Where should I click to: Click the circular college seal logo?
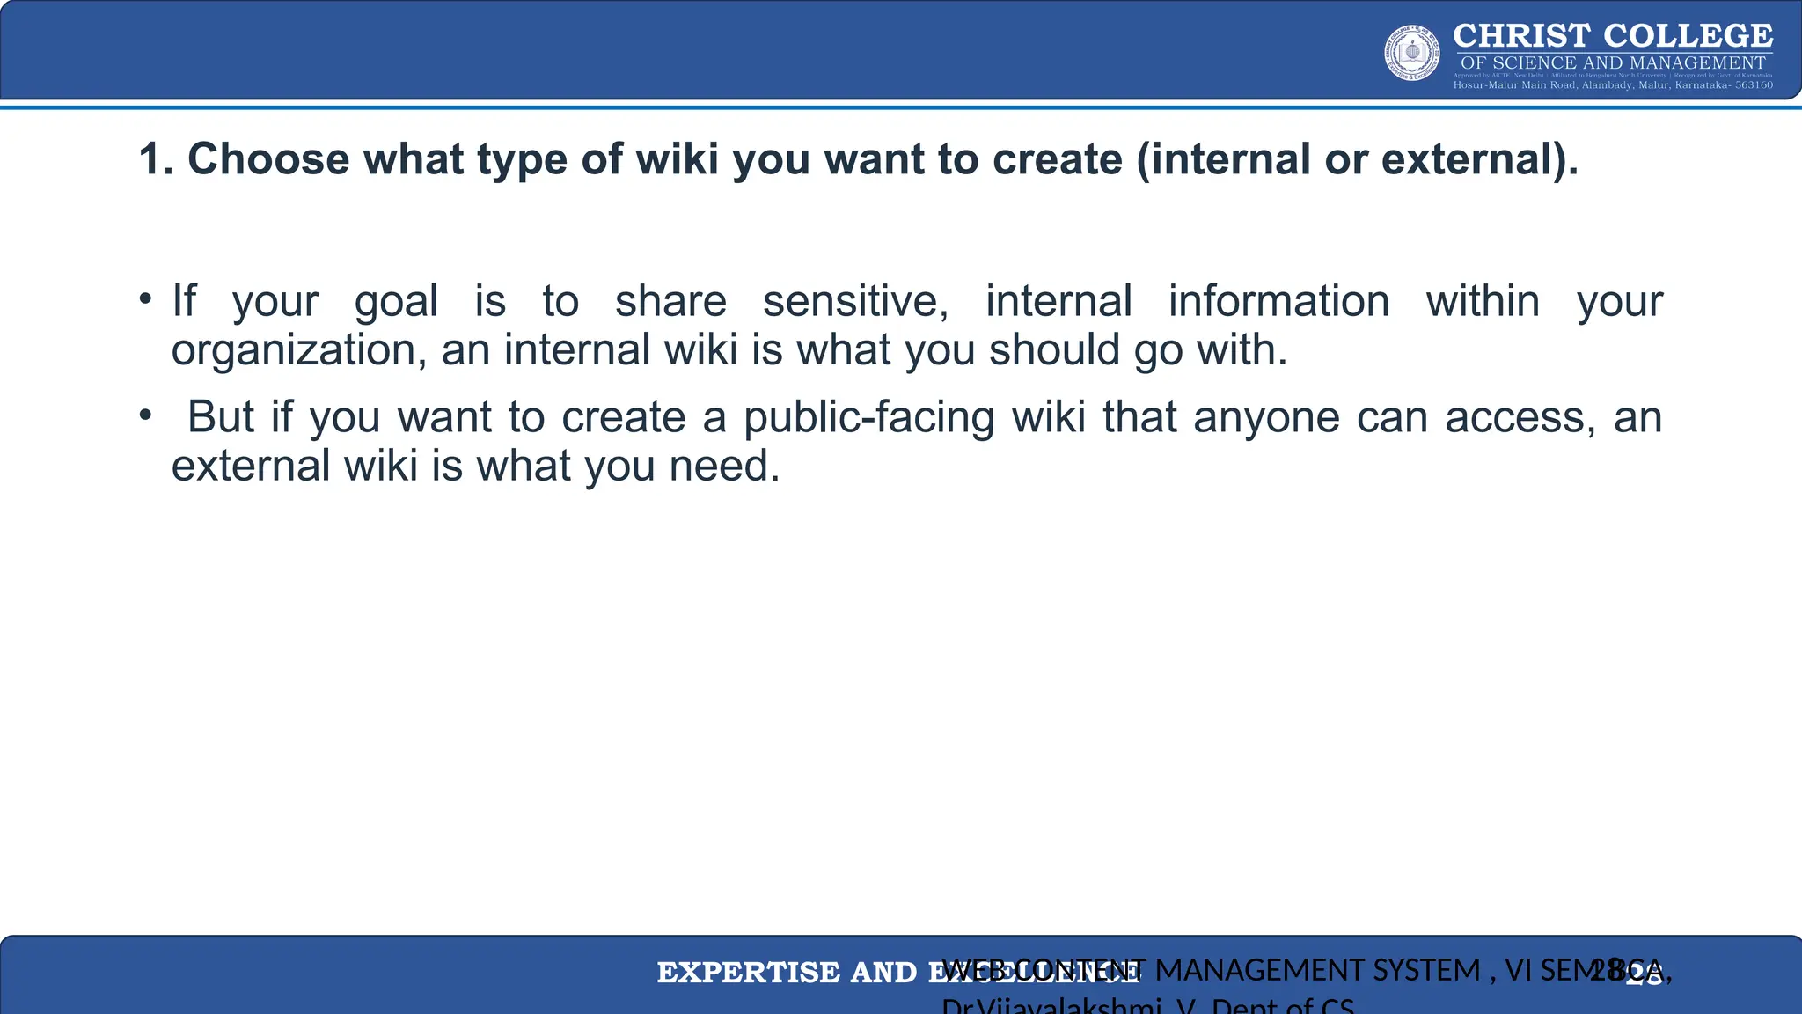1412,53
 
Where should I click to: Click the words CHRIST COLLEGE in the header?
1613,36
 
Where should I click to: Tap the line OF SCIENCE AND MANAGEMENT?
1613,62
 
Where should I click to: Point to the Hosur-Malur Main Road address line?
1613,85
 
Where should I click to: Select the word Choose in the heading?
268,160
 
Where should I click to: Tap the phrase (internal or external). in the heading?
1358,160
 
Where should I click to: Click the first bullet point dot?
145,298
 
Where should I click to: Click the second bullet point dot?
145,415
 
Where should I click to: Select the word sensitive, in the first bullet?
855,302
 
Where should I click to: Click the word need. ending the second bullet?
724,467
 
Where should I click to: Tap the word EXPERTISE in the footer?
748,973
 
